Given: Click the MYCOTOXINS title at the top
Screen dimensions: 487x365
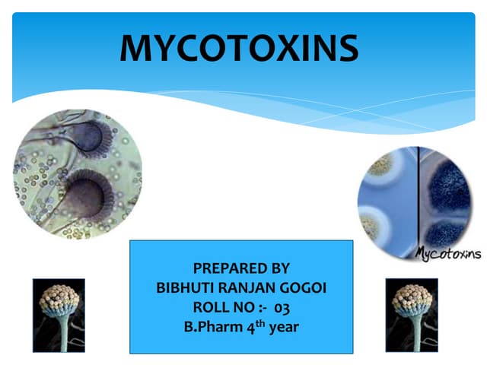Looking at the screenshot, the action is [239, 48].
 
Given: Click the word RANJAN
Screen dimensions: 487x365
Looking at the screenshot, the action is [247, 287].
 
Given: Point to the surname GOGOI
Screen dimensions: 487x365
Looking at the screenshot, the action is [303, 287].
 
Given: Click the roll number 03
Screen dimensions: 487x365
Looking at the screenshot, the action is [282, 308].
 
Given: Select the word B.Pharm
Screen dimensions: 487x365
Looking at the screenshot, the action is [213, 327].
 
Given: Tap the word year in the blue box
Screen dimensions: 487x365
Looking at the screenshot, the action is [284, 328].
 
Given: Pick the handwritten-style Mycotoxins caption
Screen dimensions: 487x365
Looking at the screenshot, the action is [448, 253].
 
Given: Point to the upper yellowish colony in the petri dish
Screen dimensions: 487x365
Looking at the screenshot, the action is [380, 164].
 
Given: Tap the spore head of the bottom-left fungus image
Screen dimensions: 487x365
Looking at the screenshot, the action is [59, 299].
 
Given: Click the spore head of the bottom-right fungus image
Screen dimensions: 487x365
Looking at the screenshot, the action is [412, 299].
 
